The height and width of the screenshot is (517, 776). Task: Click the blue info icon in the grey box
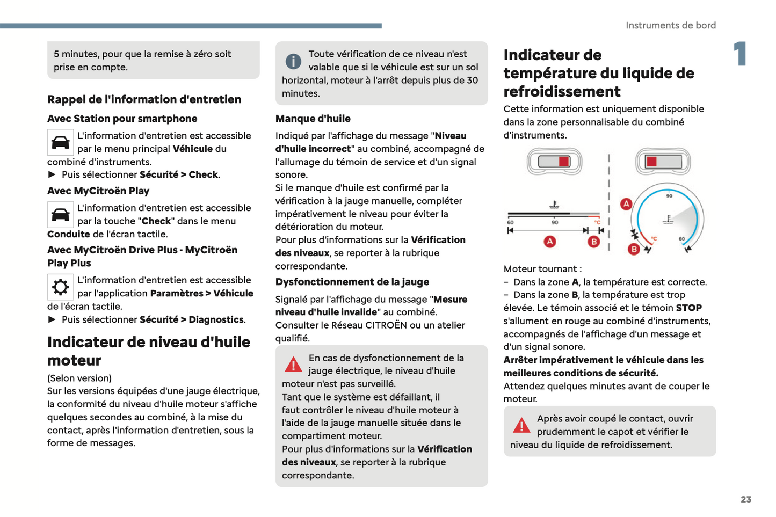293,62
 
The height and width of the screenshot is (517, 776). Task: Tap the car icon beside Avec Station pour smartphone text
60,142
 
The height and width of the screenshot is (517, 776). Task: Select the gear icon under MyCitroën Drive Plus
60,287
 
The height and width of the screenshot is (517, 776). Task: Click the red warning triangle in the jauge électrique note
293,365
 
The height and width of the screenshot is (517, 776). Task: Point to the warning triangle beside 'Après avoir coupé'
521,426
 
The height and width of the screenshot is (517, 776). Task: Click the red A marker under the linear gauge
550,242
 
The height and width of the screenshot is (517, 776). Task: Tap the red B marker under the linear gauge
593,242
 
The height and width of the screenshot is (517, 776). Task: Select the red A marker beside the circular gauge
626,204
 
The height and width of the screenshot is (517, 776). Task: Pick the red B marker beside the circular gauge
634,249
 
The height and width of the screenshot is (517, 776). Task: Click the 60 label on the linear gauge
510,222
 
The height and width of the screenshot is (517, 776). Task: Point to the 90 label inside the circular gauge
669,196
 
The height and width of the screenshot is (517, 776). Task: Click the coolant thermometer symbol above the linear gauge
554,205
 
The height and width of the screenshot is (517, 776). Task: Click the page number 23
746,499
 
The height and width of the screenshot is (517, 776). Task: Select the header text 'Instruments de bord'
670,25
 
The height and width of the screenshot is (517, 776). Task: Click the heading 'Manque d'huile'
313,119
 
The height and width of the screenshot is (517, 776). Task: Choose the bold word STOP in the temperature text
688,308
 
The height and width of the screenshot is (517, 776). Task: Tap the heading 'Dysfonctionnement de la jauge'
352,282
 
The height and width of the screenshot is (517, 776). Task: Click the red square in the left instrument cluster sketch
563,162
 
